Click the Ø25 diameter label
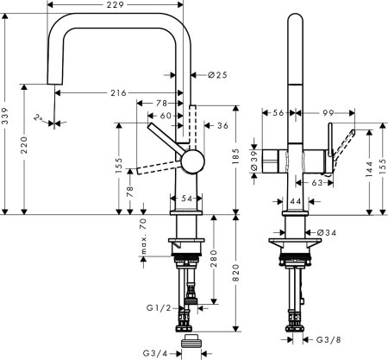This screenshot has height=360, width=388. click(x=217, y=76)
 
